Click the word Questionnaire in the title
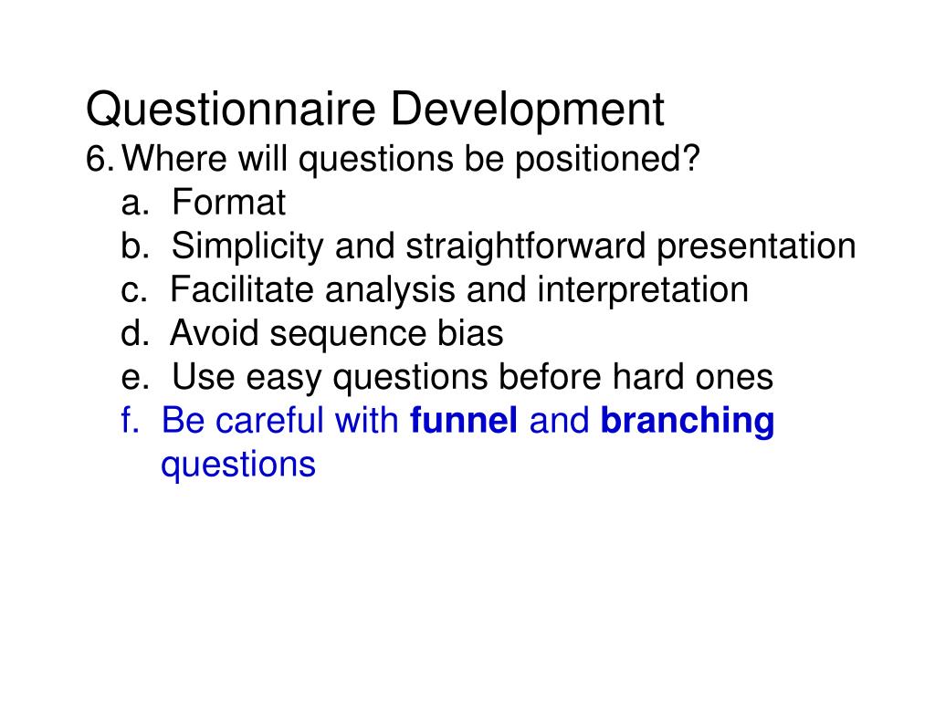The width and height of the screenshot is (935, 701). [x=231, y=110]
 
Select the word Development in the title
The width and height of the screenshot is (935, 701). [x=527, y=110]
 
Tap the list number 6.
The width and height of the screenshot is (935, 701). [x=100, y=159]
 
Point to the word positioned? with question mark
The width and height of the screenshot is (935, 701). [x=607, y=160]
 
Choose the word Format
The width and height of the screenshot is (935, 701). [x=229, y=202]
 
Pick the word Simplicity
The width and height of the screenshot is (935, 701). [x=247, y=246]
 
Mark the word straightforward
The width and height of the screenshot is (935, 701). [x=525, y=246]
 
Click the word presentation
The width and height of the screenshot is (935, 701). [x=756, y=246]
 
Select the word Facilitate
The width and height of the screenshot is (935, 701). [x=241, y=289]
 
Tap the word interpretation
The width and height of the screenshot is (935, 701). [x=643, y=290]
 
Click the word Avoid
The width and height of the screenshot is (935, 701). [x=214, y=333]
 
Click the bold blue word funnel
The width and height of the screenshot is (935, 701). [x=464, y=420]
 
